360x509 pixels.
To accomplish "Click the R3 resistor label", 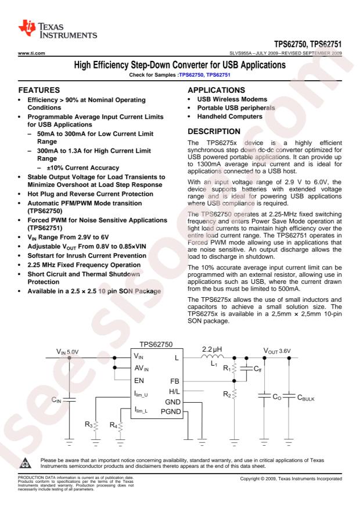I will pyautogui.click(x=83, y=425).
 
